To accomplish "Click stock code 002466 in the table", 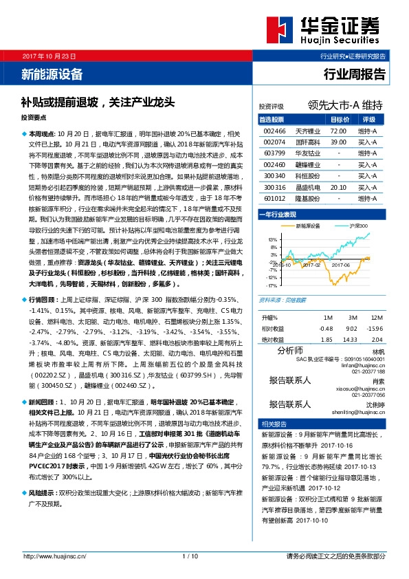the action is tap(274, 130).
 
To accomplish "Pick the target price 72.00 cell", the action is tap(338, 130).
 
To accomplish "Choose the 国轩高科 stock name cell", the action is tap(306, 142).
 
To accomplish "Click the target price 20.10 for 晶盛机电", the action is tap(338, 186).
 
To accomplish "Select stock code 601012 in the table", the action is tap(274, 198).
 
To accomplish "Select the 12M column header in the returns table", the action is tap(376, 318).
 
